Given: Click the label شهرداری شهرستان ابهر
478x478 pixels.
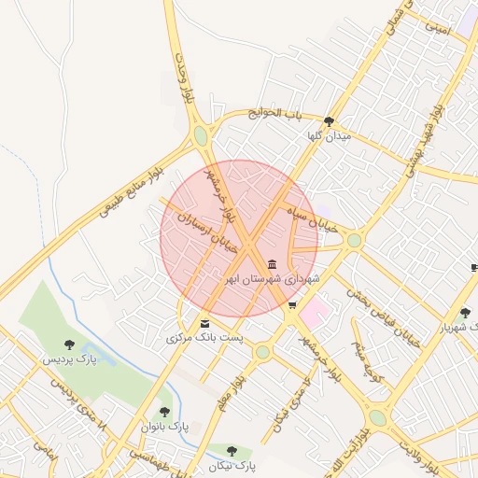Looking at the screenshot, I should click(271, 278).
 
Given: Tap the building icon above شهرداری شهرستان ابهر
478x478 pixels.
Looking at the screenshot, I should click(272, 264).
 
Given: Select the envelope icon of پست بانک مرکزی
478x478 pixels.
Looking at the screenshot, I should click(204, 324).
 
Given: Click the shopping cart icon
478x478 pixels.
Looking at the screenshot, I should click(292, 305).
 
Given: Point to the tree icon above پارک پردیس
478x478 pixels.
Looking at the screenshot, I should click(69, 344).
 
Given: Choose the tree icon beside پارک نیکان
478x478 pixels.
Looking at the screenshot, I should click(232, 451).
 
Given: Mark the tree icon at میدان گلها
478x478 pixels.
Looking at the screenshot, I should click(329, 121).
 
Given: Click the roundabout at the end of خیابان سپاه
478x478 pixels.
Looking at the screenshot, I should click(354, 240).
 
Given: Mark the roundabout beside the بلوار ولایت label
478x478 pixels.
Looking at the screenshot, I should click(377, 416).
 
